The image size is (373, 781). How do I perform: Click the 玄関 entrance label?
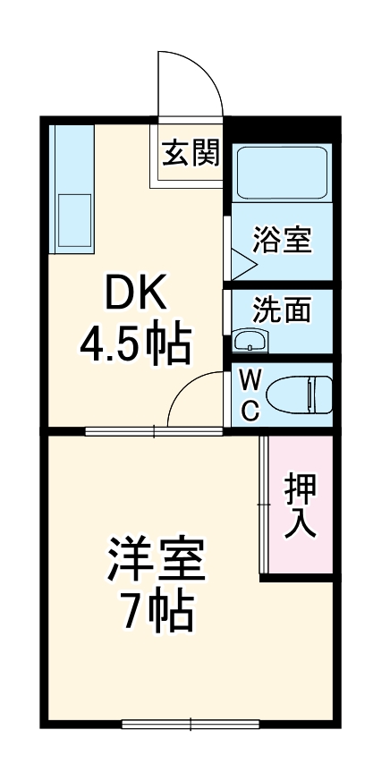(x=191, y=154)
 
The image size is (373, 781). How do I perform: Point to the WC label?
(x=251, y=395)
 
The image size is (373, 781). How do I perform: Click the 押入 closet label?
(x=300, y=505)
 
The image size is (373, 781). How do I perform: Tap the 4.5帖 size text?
(x=135, y=344)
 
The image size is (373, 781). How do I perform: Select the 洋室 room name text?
(x=157, y=561)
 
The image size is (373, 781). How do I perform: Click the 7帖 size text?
(x=157, y=612)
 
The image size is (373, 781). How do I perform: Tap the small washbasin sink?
(x=250, y=341)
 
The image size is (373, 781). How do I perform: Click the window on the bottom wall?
(x=191, y=724)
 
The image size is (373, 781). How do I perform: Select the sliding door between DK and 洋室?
(x=154, y=431)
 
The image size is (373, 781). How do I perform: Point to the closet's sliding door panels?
(x=265, y=505)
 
